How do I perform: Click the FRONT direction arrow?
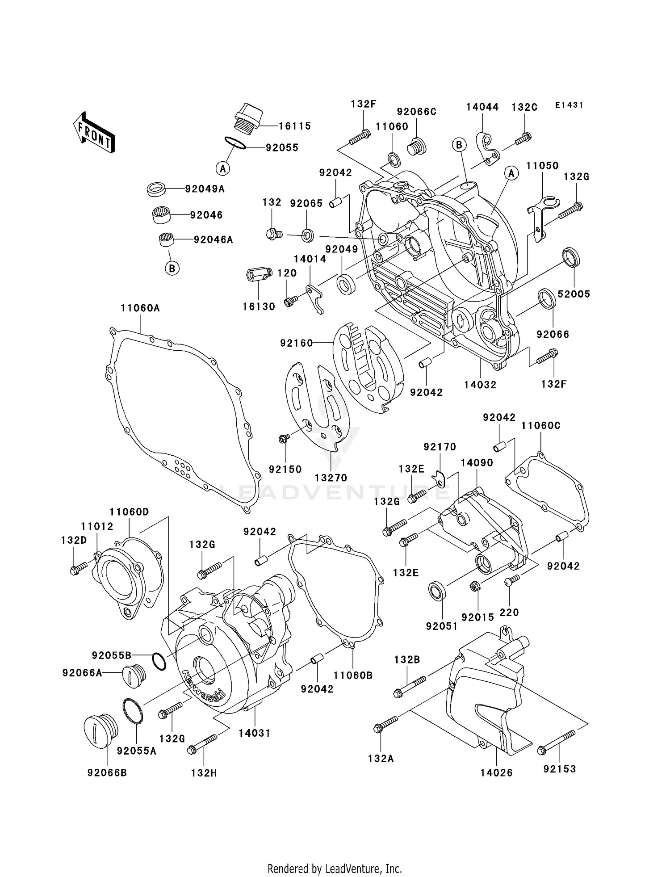[x=94, y=133]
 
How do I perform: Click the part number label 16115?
[x=295, y=126]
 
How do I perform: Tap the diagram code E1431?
[x=569, y=105]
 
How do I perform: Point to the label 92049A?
[x=205, y=189]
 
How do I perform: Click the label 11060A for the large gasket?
[x=140, y=308]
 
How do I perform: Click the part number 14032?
[x=480, y=385]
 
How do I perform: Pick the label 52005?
[x=574, y=294]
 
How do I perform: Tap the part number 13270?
[x=331, y=478]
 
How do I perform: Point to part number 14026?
[x=496, y=772]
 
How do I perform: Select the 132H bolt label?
[x=204, y=772]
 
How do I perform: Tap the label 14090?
[x=477, y=463]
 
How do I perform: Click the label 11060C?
[x=540, y=426]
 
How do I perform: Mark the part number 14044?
[x=482, y=107]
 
